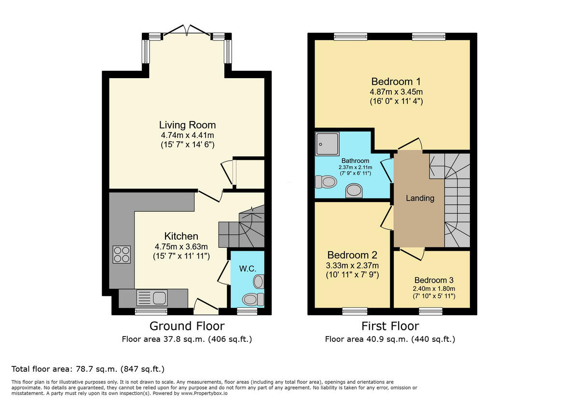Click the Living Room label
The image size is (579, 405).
pyautogui.click(x=187, y=125)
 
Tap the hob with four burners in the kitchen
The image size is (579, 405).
pyautogui.click(x=122, y=255)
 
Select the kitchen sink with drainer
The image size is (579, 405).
pyautogui.click(x=152, y=298)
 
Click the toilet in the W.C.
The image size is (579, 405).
pyautogui.click(x=253, y=299)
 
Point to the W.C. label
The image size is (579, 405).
pyautogui.click(x=248, y=269)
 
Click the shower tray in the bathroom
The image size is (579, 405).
pyautogui.click(x=327, y=144)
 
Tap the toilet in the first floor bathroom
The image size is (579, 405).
pyautogui.click(x=326, y=182)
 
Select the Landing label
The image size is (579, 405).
pyautogui.click(x=420, y=198)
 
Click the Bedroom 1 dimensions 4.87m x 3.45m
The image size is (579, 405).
pyautogui.click(x=396, y=92)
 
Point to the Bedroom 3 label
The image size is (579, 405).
pyautogui.click(x=434, y=280)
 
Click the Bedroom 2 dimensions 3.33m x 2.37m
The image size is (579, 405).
pyautogui.click(x=352, y=265)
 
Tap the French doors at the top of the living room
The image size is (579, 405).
pyautogui.click(x=187, y=30)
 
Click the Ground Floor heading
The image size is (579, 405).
pyautogui.click(x=187, y=326)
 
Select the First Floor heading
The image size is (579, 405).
pyautogui.click(x=390, y=326)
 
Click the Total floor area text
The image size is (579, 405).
pyautogui.click(x=88, y=369)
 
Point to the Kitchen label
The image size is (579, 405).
pyautogui.click(x=181, y=236)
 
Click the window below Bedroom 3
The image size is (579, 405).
pyautogui.click(x=430, y=311)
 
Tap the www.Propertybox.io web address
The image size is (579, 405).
pyautogui.click(x=204, y=393)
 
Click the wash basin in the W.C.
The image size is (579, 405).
pyautogui.click(x=259, y=282)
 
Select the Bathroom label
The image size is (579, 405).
pyautogui.click(x=356, y=161)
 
